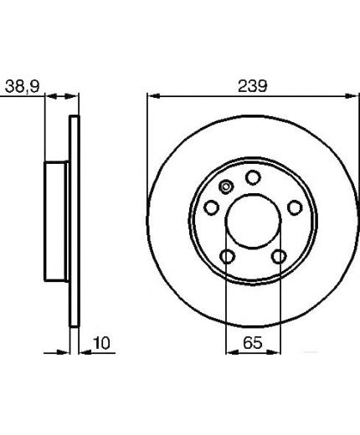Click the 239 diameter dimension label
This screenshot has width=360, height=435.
(252, 86)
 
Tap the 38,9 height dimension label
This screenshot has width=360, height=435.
(23, 86)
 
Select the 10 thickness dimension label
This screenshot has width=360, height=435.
(101, 343)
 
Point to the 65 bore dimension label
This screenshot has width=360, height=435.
(253, 343)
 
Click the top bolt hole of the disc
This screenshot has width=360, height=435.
(253, 177)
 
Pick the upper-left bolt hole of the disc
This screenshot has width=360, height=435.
(212, 207)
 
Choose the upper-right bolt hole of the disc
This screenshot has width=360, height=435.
(295, 207)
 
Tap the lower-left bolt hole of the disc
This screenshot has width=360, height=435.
(227, 257)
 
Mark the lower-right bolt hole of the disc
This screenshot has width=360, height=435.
(279, 257)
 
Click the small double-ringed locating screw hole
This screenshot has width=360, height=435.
(226, 187)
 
